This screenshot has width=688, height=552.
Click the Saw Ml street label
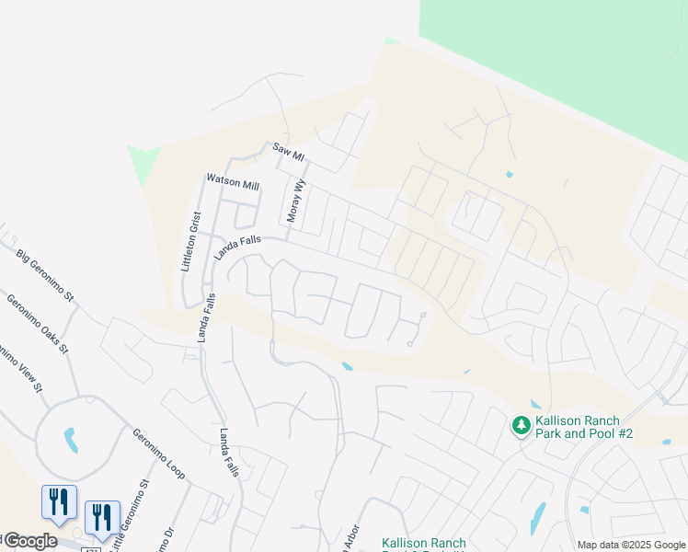click(288, 152)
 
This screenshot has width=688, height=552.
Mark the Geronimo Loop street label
click(158, 454)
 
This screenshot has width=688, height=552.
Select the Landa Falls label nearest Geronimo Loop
click(228, 452)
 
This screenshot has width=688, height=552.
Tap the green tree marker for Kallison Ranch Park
click(521, 425)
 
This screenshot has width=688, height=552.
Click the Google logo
click(29, 541)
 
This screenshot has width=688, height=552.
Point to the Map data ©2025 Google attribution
click(631, 545)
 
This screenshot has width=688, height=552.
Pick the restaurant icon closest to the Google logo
click(58, 502)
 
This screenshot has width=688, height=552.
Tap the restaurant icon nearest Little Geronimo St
click(101, 517)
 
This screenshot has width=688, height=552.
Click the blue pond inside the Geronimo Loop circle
click(70, 439)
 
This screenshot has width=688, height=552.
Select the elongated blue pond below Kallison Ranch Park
click(537, 518)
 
